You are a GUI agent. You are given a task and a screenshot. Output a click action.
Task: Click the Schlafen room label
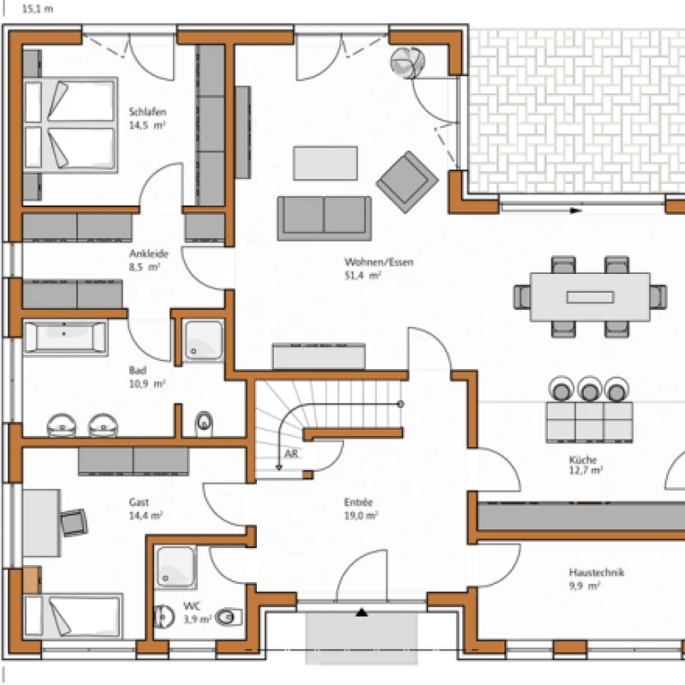(147, 112)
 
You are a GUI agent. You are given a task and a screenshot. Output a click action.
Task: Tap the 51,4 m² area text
(362, 276)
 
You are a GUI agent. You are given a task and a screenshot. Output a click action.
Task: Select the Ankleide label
(148, 253)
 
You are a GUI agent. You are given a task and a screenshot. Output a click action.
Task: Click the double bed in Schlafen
(70, 125)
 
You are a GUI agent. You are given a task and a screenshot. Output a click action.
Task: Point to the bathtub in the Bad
(66, 337)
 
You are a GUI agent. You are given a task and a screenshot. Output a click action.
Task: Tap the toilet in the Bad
(204, 423)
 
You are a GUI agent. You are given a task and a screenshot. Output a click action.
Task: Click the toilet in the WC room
(229, 616)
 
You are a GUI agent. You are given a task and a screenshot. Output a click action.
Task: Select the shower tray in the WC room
(176, 567)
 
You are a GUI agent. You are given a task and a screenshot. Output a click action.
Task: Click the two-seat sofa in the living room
(325, 218)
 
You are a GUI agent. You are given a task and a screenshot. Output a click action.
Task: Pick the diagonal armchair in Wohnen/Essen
(408, 182)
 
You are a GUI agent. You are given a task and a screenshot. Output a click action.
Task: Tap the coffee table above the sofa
(325, 163)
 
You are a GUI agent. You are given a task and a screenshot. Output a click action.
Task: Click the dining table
(590, 297)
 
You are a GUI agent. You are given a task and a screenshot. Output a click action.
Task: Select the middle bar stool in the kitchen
(590, 390)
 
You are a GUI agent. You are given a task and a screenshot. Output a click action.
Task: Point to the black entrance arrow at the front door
(361, 612)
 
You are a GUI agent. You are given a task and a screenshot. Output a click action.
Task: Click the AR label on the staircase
(291, 454)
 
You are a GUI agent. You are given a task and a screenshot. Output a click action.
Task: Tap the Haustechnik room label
(596, 572)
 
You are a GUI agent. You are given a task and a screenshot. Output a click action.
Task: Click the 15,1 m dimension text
(38, 9)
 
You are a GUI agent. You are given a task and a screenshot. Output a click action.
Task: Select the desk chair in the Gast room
(74, 522)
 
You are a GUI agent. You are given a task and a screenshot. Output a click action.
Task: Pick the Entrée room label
(358, 503)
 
